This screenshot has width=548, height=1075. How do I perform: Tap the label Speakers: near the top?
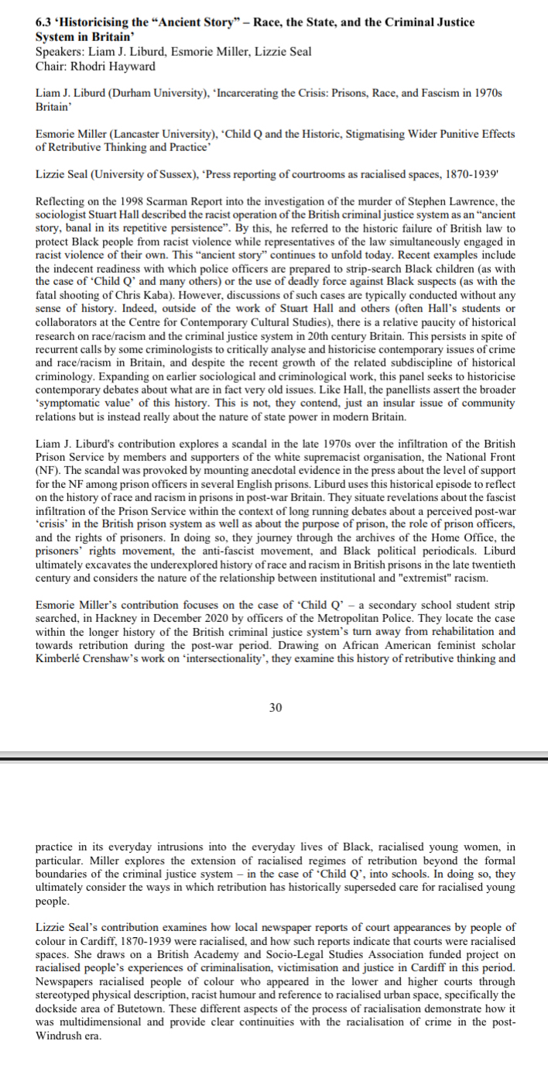click(x=60, y=52)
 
